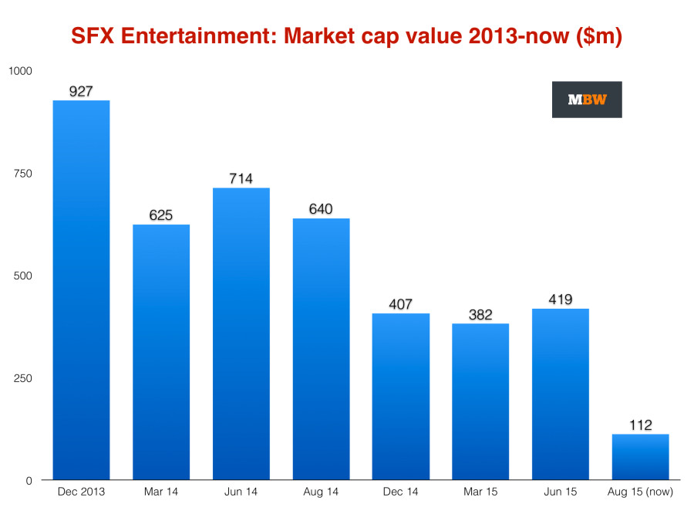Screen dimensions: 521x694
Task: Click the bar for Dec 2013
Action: (81, 289)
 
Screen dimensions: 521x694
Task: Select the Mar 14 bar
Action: (161, 352)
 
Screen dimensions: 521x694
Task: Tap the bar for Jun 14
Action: (241, 333)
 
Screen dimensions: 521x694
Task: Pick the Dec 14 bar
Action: (401, 396)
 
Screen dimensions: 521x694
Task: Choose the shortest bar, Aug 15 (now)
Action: (640, 457)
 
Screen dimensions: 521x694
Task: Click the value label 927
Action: (81, 91)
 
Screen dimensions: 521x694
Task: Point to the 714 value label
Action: (241, 178)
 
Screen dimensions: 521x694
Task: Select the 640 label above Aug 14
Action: (321, 209)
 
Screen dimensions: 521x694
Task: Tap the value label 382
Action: (480, 314)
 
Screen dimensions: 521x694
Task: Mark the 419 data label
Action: (561, 299)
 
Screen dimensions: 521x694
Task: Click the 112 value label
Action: (640, 425)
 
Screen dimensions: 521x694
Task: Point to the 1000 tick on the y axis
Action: (20, 71)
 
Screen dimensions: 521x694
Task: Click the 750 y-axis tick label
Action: (23, 174)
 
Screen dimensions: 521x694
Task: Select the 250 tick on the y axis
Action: (23, 378)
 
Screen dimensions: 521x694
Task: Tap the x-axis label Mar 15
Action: (480, 492)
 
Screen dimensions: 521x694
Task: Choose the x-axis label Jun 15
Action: (561, 492)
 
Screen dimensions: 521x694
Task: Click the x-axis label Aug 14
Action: (321, 492)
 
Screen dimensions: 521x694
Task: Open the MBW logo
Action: (587, 100)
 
